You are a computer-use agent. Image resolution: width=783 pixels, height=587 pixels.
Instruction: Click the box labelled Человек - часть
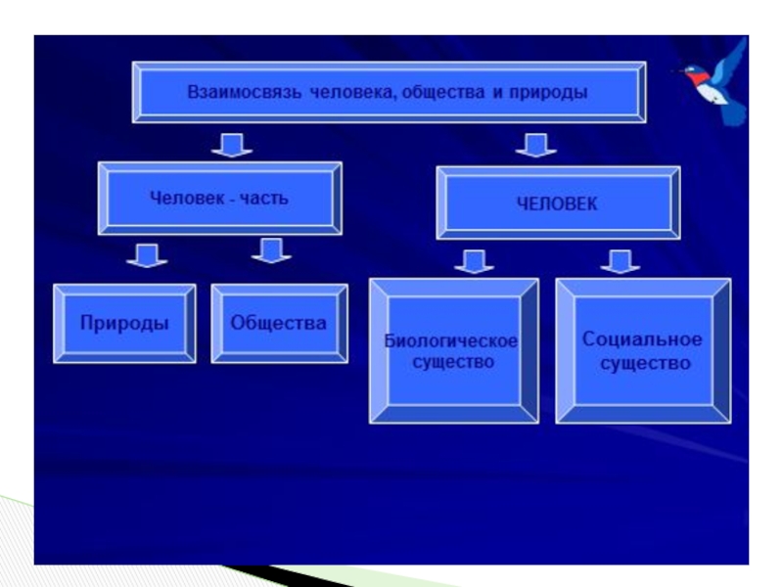pyautogui.click(x=219, y=199)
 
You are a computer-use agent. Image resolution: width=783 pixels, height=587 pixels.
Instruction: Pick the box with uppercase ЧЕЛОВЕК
pyautogui.click(x=557, y=203)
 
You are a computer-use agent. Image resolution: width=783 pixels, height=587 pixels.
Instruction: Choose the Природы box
pyautogui.click(x=124, y=323)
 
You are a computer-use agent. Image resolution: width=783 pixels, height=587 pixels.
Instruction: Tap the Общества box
pyautogui.click(x=279, y=323)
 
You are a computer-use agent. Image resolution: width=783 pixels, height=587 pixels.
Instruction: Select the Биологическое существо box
pyautogui.click(x=453, y=351)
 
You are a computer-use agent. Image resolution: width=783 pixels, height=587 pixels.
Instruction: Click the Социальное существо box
pyautogui.click(x=642, y=351)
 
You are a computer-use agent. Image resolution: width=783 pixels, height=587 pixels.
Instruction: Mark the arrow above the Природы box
pyautogui.click(x=146, y=255)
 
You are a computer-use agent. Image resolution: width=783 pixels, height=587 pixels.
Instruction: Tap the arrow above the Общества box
pyautogui.click(x=271, y=251)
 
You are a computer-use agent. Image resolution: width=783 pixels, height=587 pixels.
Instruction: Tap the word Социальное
pyautogui.click(x=642, y=339)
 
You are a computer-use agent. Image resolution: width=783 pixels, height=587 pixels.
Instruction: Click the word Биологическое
pyautogui.click(x=451, y=341)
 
